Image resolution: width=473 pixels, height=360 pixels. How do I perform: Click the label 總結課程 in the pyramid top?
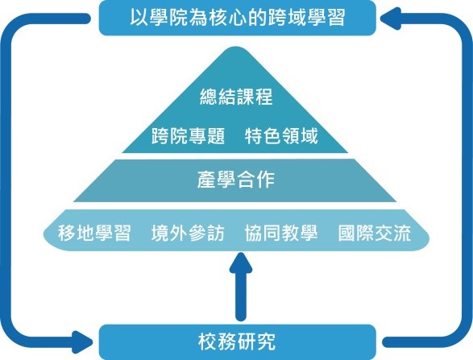[236, 97]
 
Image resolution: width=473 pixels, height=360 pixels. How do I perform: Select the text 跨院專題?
[189, 136]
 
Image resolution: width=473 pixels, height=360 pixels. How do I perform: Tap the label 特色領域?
[281, 136]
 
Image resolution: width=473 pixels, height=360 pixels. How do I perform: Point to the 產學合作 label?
[236, 180]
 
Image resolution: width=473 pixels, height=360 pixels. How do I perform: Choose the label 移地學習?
[94, 233]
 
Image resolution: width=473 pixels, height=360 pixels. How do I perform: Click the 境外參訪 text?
[188, 233]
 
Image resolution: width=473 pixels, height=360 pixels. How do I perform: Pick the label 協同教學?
[281, 233]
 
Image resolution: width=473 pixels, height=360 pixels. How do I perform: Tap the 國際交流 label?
[375, 233]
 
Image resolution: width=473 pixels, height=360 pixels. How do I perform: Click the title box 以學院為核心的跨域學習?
[238, 18]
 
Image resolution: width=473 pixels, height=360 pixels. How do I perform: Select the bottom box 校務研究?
[238, 342]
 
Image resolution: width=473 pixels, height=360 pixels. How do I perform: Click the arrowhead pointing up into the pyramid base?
[241, 263]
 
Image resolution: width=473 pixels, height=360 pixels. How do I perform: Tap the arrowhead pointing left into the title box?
[391, 19]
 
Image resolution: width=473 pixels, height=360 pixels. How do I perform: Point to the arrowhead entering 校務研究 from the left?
[82, 342]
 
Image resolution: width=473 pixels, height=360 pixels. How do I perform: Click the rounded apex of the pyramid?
[235, 49]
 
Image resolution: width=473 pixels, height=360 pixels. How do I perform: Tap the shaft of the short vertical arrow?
[241, 296]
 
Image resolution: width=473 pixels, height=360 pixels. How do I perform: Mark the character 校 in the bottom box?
[207, 342]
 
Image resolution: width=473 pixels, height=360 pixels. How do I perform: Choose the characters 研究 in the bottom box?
[255, 342]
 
